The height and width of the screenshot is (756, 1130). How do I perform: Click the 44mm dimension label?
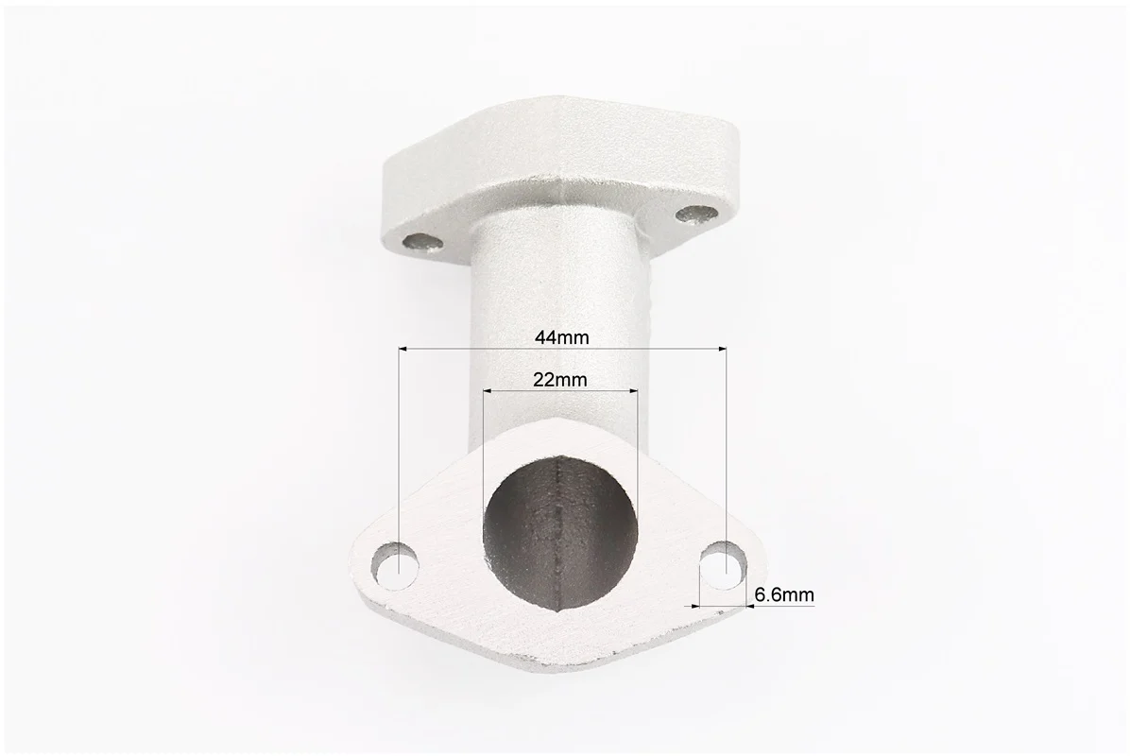(561, 337)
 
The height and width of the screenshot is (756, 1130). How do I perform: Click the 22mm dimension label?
(560, 379)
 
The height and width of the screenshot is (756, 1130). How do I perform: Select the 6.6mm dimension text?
(784, 595)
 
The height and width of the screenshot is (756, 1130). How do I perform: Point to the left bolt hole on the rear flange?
(423, 243)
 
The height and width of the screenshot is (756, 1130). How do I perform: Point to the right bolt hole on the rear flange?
(697, 215)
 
